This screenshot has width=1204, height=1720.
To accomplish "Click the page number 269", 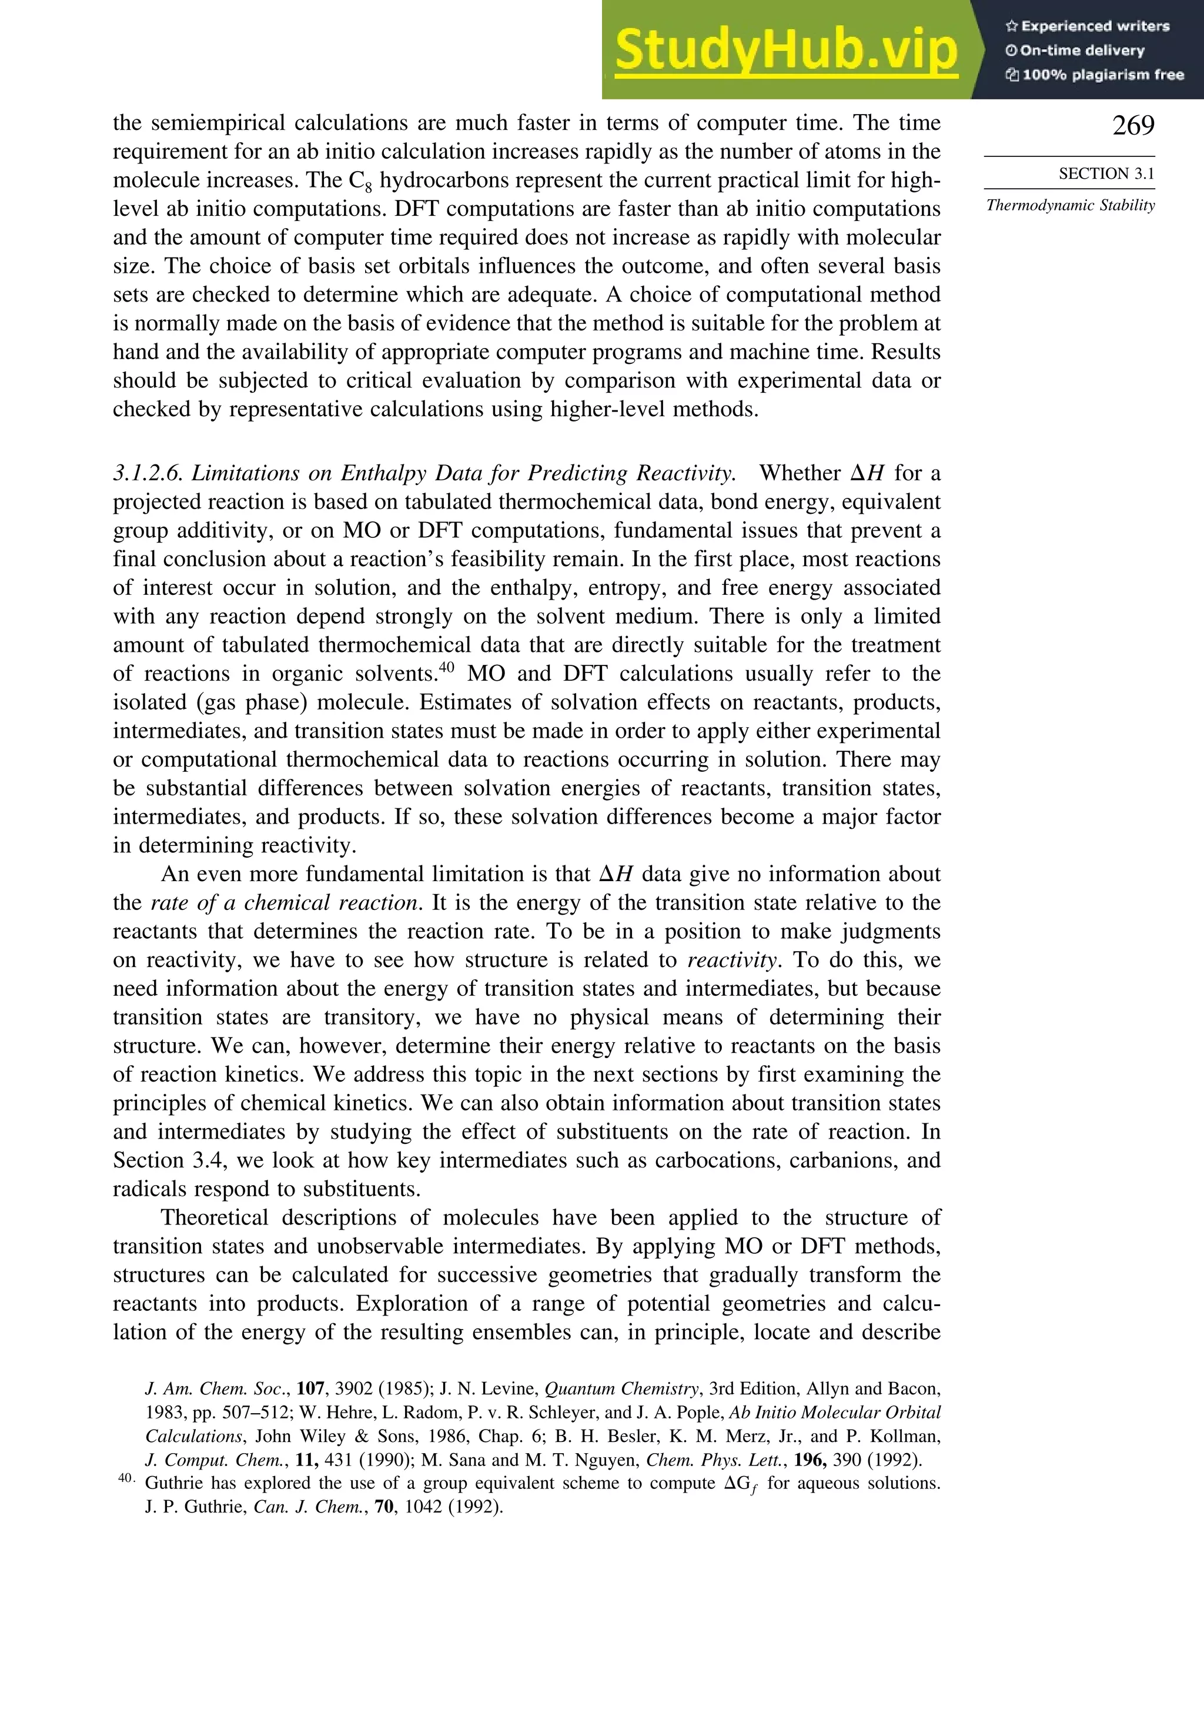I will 1133,126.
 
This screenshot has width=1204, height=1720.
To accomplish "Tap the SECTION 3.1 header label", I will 1106,174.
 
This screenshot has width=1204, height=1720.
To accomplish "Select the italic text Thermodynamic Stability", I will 1070,205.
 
